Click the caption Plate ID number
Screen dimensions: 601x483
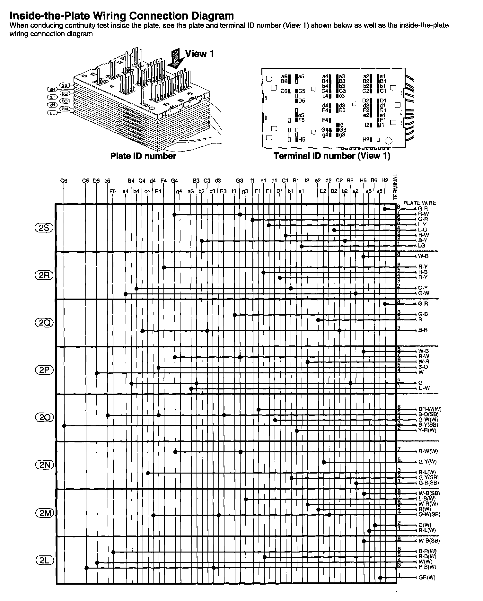click(143, 156)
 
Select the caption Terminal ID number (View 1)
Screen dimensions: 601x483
click(332, 156)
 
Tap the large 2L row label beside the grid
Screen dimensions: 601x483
click(44, 561)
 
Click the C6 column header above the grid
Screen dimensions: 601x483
click(64, 181)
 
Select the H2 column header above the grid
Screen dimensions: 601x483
click(385, 181)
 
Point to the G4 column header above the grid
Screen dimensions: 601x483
click(174, 181)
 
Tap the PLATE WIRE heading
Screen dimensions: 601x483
click(419, 203)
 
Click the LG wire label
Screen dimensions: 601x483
click(422, 246)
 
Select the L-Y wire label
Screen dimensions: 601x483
click(422, 224)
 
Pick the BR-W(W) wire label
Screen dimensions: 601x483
click(430, 409)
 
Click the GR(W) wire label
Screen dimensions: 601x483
click(427, 578)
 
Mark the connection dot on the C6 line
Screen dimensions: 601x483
click(64, 426)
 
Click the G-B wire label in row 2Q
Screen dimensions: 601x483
click(423, 314)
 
